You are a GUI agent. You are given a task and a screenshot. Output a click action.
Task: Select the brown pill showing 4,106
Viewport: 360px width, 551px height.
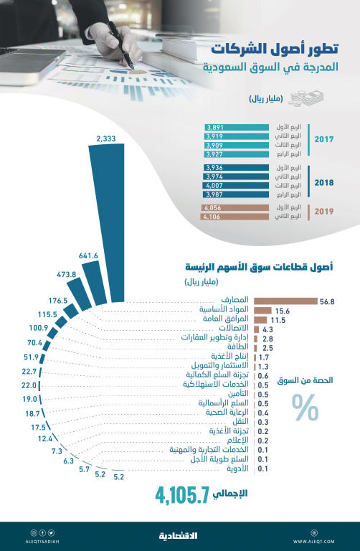point(215,216)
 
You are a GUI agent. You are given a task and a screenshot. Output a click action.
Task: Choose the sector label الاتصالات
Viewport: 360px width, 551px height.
point(229,329)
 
